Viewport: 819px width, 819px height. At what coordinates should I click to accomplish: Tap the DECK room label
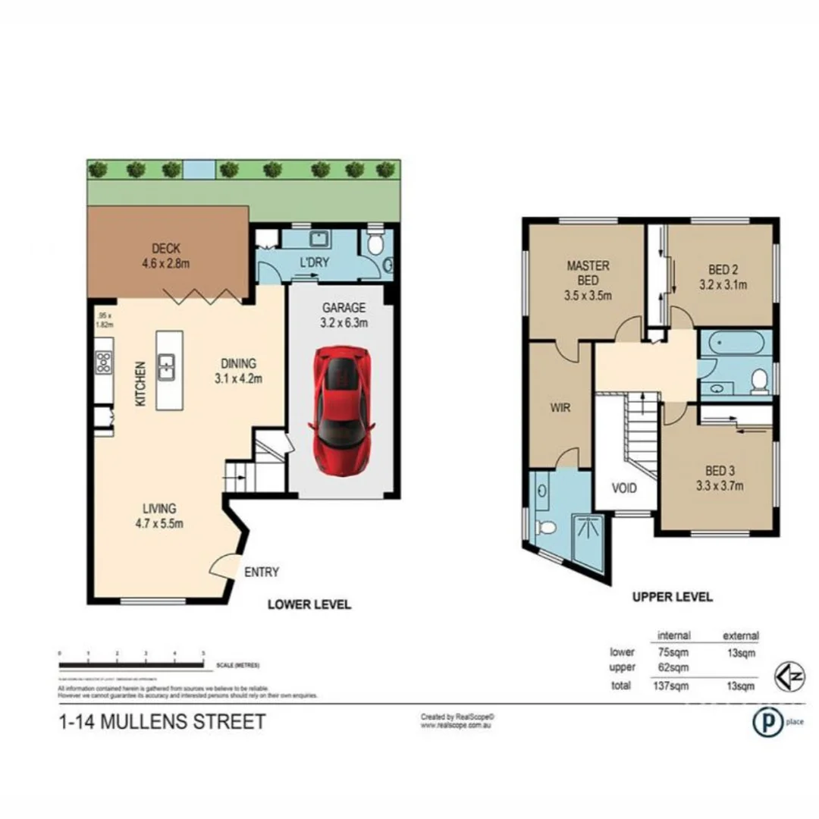pos(165,248)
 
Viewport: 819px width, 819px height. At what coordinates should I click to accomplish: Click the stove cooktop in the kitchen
pos(103,363)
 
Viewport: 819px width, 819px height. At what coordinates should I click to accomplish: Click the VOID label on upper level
pos(625,488)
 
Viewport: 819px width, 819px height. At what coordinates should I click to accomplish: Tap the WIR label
pos(560,407)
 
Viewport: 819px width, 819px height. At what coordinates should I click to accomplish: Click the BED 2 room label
pos(722,269)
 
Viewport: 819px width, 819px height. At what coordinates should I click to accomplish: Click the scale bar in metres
pos(131,664)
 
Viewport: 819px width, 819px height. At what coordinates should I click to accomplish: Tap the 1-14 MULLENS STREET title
pos(162,720)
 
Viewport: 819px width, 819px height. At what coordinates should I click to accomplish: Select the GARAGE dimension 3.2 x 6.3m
pos(344,322)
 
